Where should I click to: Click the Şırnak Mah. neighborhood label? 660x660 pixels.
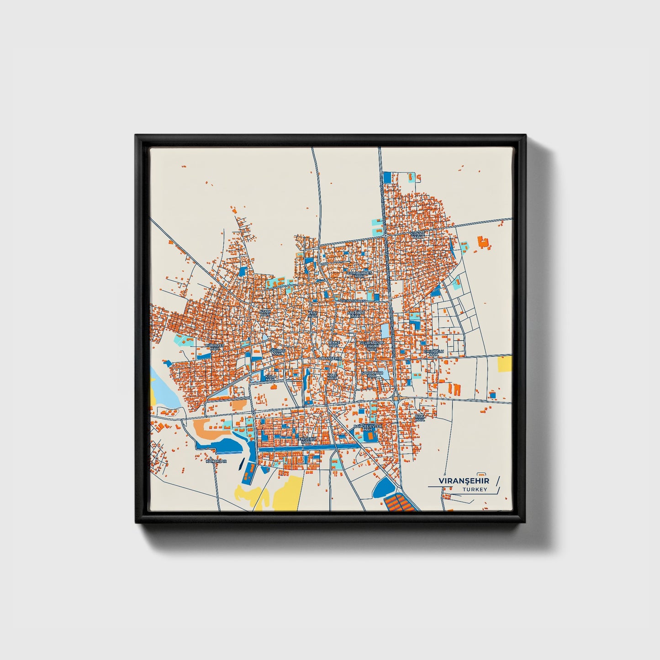point(417,235)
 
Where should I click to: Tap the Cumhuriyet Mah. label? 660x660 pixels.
point(359,275)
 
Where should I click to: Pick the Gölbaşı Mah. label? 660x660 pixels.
point(278,352)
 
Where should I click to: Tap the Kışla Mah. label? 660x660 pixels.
point(270,378)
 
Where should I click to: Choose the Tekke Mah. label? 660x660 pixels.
point(334,343)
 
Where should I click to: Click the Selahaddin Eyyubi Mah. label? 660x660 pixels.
point(372,345)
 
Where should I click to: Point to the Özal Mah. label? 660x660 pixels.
point(419,417)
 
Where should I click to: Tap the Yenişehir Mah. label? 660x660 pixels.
point(306,440)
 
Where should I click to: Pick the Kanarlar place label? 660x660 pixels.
point(216,461)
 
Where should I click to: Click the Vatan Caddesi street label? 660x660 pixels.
point(352,301)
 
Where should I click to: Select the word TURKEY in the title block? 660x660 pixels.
point(475,489)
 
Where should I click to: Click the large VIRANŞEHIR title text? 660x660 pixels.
point(464,481)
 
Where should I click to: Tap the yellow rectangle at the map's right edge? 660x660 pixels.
point(505,364)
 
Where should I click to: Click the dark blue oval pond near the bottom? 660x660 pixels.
point(382,489)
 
